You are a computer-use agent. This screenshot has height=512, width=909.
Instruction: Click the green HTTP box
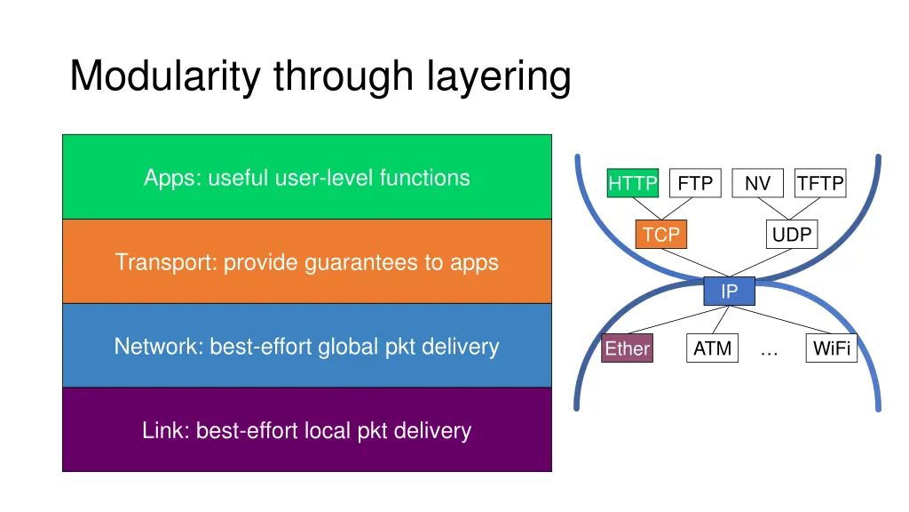[632, 184]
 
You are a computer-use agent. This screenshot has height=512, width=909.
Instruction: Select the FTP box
[695, 183]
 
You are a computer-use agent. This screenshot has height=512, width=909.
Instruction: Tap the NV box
[757, 183]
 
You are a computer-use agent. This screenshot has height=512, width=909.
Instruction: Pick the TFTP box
[820, 183]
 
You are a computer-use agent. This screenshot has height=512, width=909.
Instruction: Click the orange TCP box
[661, 235]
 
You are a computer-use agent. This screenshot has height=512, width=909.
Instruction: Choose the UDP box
[792, 235]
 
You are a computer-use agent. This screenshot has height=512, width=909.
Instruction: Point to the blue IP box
[729, 292]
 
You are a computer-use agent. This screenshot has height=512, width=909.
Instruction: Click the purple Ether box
[627, 349]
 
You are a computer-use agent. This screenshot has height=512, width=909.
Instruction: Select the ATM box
[712, 348]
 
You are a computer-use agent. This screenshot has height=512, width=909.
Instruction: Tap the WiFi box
[832, 348]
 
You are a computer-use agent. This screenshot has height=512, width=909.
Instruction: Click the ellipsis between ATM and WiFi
[769, 352]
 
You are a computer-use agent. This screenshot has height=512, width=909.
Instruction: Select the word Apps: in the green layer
[173, 178]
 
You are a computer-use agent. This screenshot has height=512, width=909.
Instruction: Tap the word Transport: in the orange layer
[166, 262]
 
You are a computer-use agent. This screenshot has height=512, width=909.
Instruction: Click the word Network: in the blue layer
[159, 347]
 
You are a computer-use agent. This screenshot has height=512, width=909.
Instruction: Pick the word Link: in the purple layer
[166, 431]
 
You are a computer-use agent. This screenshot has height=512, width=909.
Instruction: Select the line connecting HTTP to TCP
[645, 210]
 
